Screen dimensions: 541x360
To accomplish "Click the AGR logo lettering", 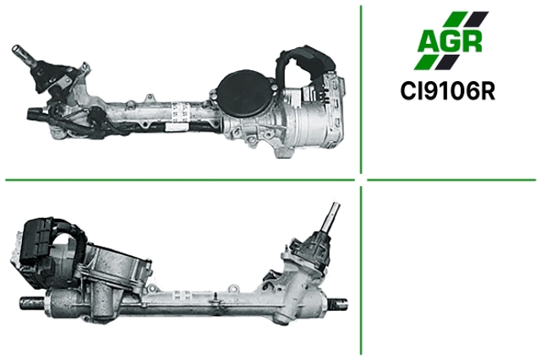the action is click(x=451, y=41).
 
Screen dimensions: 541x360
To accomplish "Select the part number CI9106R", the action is click(x=447, y=91).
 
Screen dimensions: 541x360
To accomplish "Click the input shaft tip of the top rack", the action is click(x=17, y=50).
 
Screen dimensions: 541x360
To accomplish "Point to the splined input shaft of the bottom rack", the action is click(x=331, y=217).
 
